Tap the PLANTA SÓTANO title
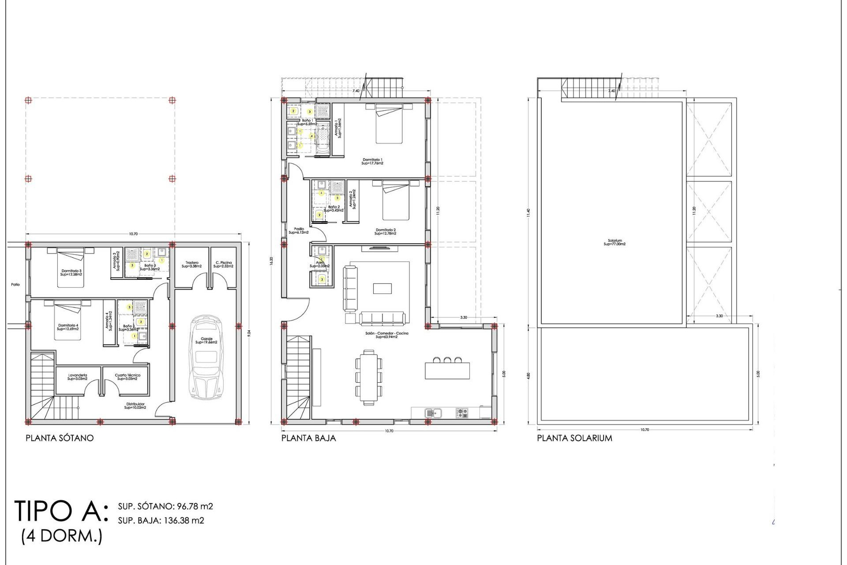(x=60, y=438)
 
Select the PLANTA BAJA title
(x=308, y=438)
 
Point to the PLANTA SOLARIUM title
(x=574, y=438)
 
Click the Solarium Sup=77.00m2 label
(x=614, y=242)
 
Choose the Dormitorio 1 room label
(x=372, y=161)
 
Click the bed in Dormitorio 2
(x=396, y=200)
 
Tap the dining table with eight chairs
(x=369, y=377)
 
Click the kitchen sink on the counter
(x=433, y=413)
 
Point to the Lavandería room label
(x=77, y=377)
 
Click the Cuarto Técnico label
(x=127, y=377)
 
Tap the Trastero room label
(x=192, y=264)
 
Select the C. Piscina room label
(x=223, y=264)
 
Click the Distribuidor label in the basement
(x=135, y=406)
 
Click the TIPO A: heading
(x=61, y=511)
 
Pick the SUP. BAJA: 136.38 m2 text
(x=161, y=520)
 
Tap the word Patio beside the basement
(x=15, y=285)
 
